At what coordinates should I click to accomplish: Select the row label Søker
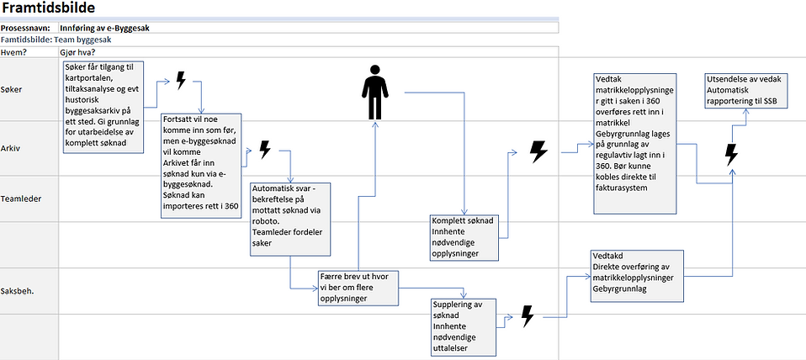tap(13, 88)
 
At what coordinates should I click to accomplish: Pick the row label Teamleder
tap(22, 199)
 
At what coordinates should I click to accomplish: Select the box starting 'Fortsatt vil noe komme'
tap(201, 165)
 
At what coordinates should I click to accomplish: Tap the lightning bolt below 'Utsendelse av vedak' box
tap(731, 154)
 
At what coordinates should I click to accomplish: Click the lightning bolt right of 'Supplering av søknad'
tap(527, 316)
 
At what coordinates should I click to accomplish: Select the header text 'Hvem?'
tap(13, 53)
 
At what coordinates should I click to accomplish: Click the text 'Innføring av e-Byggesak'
tap(105, 28)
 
